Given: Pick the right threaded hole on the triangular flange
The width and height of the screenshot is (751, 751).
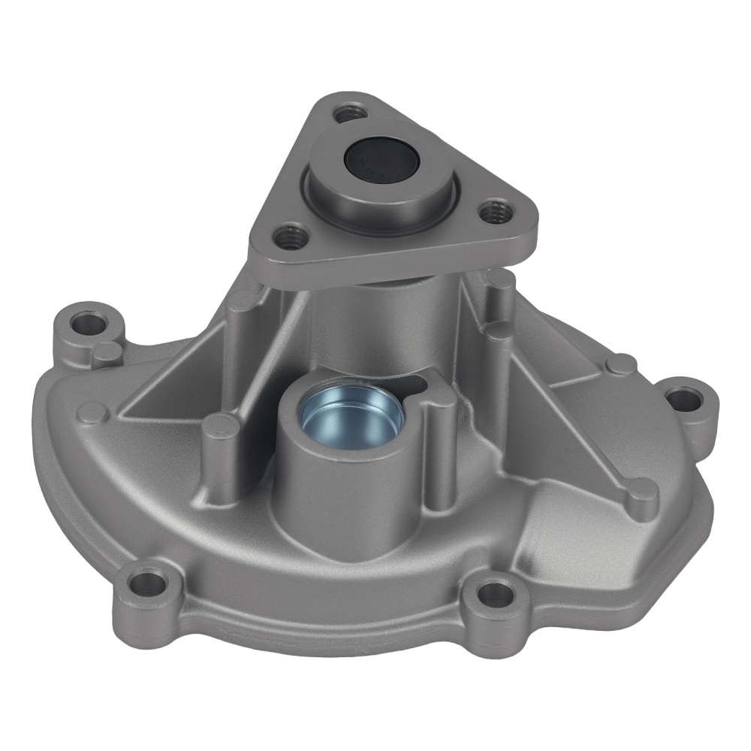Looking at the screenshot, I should click(494, 211).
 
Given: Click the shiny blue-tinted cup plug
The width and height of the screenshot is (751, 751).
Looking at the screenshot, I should click(351, 415).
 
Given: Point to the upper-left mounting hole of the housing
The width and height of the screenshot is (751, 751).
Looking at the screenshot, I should click(89, 324).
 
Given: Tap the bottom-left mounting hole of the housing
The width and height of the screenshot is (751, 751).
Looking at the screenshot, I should click(148, 583).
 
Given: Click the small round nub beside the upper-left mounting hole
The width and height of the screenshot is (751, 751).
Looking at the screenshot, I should click(107, 351).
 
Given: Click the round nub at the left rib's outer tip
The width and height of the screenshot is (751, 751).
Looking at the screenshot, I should click(93, 412).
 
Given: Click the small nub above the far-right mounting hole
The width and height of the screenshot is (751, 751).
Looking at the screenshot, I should click(620, 364).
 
